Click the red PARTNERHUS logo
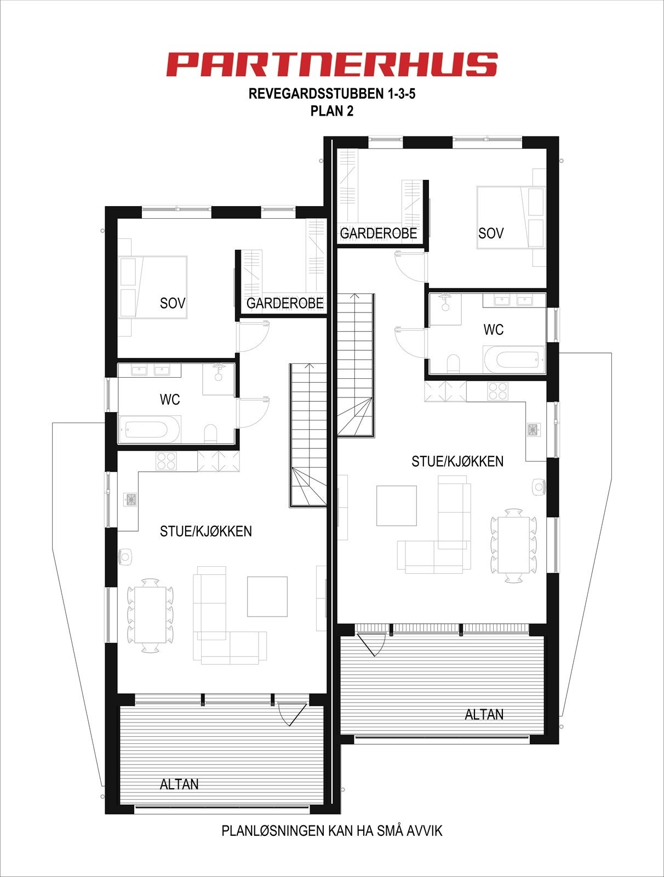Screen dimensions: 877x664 332,64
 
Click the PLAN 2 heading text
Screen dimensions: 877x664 332,111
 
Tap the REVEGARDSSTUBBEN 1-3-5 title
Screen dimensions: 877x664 332,94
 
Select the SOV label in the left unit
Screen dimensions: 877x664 173,303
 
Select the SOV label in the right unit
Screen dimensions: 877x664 491,233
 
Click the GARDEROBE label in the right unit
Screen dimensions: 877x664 379,233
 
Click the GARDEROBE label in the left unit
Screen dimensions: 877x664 285,303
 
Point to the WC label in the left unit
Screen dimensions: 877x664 170,400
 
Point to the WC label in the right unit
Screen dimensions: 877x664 493,329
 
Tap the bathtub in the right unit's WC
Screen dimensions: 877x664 514,360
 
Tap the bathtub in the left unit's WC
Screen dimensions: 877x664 149,430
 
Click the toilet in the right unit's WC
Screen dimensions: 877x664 454,364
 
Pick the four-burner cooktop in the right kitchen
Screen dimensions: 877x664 497,391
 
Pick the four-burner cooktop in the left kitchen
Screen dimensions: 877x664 166,461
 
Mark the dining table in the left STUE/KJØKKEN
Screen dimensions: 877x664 150,615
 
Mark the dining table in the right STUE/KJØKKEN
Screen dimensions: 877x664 513,545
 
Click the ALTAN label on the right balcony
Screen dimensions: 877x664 484,714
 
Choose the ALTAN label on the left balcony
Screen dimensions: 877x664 179,784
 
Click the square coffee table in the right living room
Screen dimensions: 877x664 397,505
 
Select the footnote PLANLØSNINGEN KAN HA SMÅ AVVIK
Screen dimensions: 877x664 332,830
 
